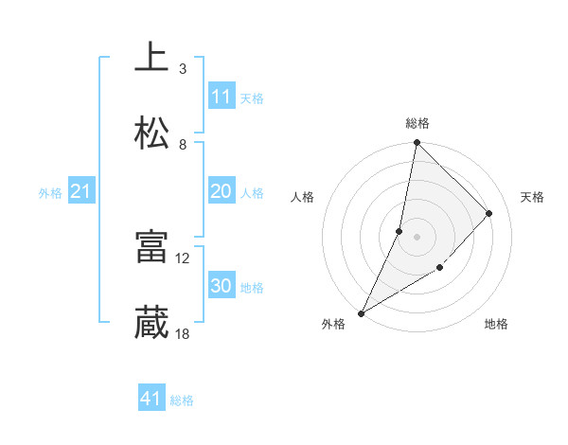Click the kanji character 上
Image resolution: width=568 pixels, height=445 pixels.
(151, 57)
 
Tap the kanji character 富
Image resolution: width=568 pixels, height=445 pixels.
(151, 246)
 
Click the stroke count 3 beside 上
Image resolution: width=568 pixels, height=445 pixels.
(183, 68)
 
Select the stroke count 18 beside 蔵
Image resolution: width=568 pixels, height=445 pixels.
(183, 333)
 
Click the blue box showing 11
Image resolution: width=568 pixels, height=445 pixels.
(222, 97)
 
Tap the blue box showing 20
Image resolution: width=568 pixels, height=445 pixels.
(222, 191)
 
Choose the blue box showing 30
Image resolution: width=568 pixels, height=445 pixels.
(222, 286)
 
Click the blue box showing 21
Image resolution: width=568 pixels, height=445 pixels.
(81, 192)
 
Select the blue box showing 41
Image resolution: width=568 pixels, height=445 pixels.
(151, 399)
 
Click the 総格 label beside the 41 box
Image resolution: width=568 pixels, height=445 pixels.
(182, 400)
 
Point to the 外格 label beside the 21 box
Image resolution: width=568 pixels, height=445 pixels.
(50, 193)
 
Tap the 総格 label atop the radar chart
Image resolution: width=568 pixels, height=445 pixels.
(417, 123)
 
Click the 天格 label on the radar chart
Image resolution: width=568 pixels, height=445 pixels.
(533, 197)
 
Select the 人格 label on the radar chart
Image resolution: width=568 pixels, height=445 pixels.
(303, 197)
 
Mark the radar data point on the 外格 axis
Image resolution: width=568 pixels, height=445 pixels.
(362, 312)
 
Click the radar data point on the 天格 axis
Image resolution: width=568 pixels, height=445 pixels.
(489, 213)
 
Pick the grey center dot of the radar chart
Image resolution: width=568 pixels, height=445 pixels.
(417, 237)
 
